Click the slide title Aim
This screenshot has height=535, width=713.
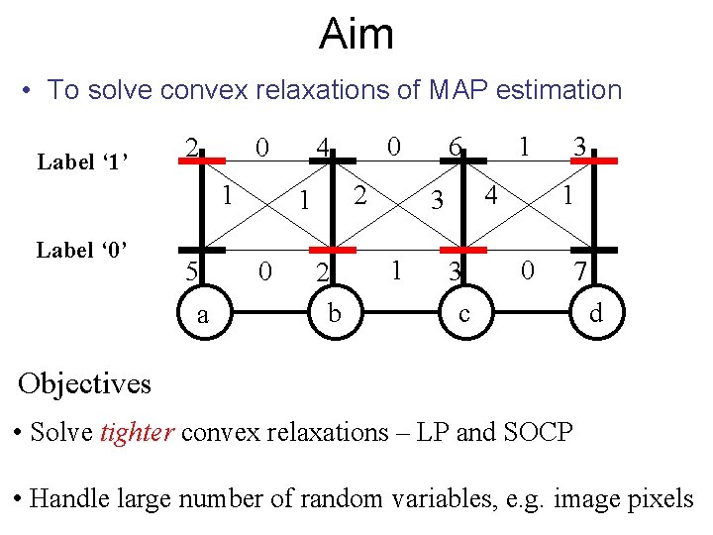click(356, 36)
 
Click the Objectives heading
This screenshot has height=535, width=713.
click(85, 382)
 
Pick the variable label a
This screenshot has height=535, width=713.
click(202, 315)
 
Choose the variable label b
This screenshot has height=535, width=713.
click(335, 315)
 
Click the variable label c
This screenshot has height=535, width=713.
click(464, 315)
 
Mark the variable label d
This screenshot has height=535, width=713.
click(595, 315)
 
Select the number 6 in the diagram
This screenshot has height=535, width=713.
click(455, 148)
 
